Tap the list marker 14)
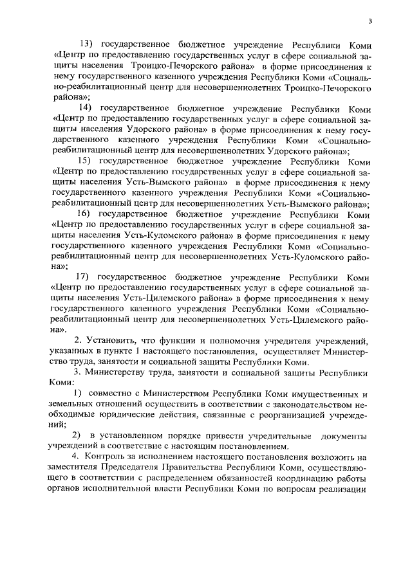click(x=86, y=107)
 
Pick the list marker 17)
click(x=86, y=277)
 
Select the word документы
click(x=349, y=436)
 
